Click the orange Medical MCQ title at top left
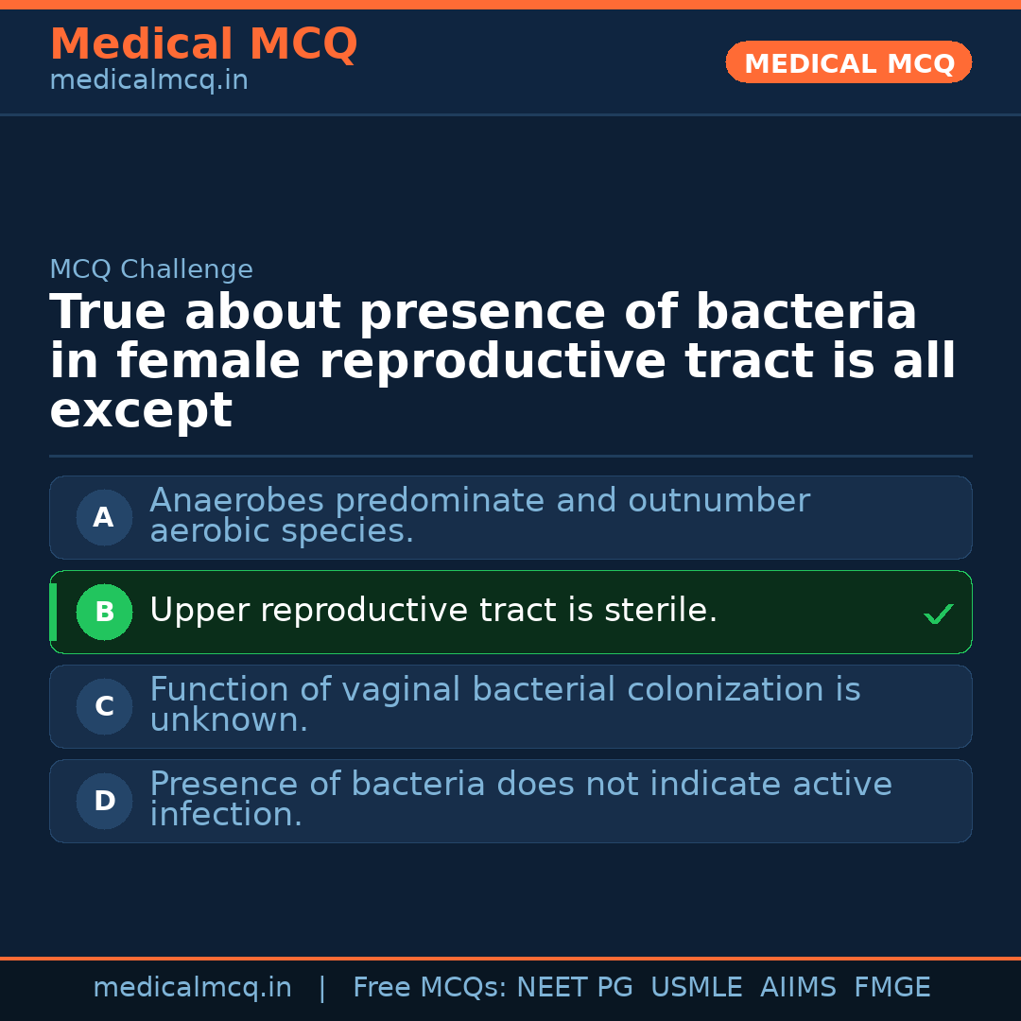pos(203,44)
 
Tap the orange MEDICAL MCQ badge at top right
pos(849,63)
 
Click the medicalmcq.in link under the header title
pos(148,80)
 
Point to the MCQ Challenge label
pos(151,269)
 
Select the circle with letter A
pos(104,517)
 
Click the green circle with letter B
pos(104,612)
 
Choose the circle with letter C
pos(104,706)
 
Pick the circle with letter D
pos(104,801)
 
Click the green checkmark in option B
pos(939,614)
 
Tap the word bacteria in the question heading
pos(806,313)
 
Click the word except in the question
pos(141,411)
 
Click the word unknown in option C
pos(228,720)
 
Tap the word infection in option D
pos(225,815)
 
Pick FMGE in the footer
pos(892,988)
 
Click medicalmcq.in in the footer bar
pos(193,988)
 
